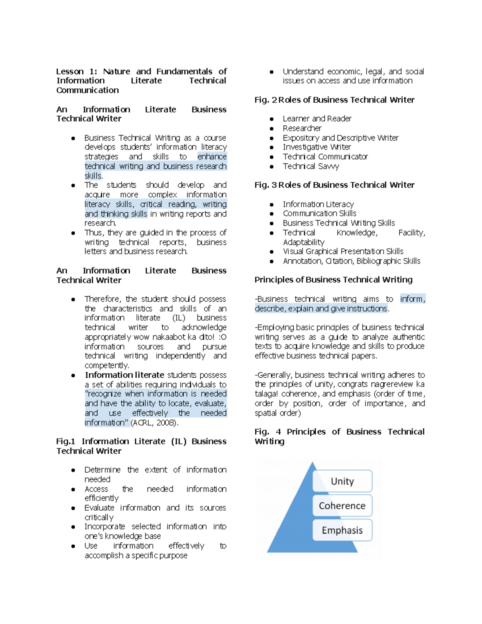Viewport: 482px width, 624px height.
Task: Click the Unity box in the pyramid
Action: coord(342,481)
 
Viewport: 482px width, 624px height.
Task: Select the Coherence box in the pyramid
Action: coord(342,505)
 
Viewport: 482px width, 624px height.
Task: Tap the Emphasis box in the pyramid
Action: coord(342,530)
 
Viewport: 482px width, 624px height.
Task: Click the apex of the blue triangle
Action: coord(312,463)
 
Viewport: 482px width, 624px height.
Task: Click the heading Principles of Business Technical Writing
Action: coord(333,280)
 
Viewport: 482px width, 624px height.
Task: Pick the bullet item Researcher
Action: coord(302,128)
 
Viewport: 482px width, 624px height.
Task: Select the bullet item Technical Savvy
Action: coord(311,166)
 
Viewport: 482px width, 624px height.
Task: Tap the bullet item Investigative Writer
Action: coord(317,147)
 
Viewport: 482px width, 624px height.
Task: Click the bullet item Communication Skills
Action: coord(319,213)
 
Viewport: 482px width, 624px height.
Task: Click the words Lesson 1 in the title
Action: coord(76,72)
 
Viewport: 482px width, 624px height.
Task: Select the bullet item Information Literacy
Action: coord(318,204)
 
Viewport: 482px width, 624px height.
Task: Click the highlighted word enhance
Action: coord(212,157)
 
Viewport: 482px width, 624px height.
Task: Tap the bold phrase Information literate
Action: coord(125,375)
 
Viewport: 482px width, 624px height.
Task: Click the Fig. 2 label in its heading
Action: coord(265,100)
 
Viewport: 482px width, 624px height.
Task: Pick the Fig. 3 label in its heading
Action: coord(265,185)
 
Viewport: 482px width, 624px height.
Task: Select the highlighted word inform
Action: coord(412,299)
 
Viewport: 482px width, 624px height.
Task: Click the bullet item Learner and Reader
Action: coord(317,119)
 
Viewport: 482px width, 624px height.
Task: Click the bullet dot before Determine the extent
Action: coord(73,470)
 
